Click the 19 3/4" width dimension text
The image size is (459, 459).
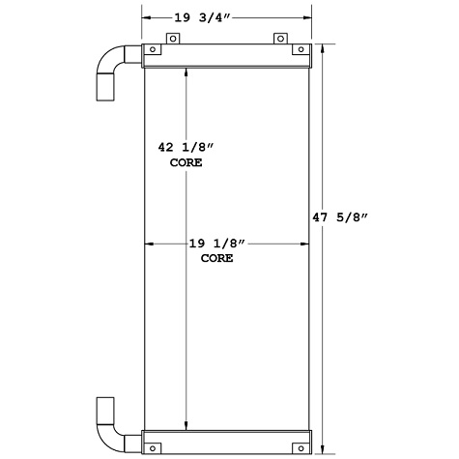tap(226, 16)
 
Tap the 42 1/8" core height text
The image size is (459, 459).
tap(186, 149)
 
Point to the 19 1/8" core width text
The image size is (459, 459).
tap(225, 244)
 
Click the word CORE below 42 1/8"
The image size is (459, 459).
tap(186, 163)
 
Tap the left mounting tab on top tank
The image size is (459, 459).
tap(174, 39)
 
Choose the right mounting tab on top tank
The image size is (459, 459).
tap(281, 39)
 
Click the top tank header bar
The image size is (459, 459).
tap(228, 56)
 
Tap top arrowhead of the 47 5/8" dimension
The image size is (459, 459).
tap(323, 47)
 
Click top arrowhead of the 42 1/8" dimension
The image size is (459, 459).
tap(186, 71)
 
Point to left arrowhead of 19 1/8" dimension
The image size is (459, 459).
tap(147, 244)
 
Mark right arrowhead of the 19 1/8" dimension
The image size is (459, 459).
tap(306, 244)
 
